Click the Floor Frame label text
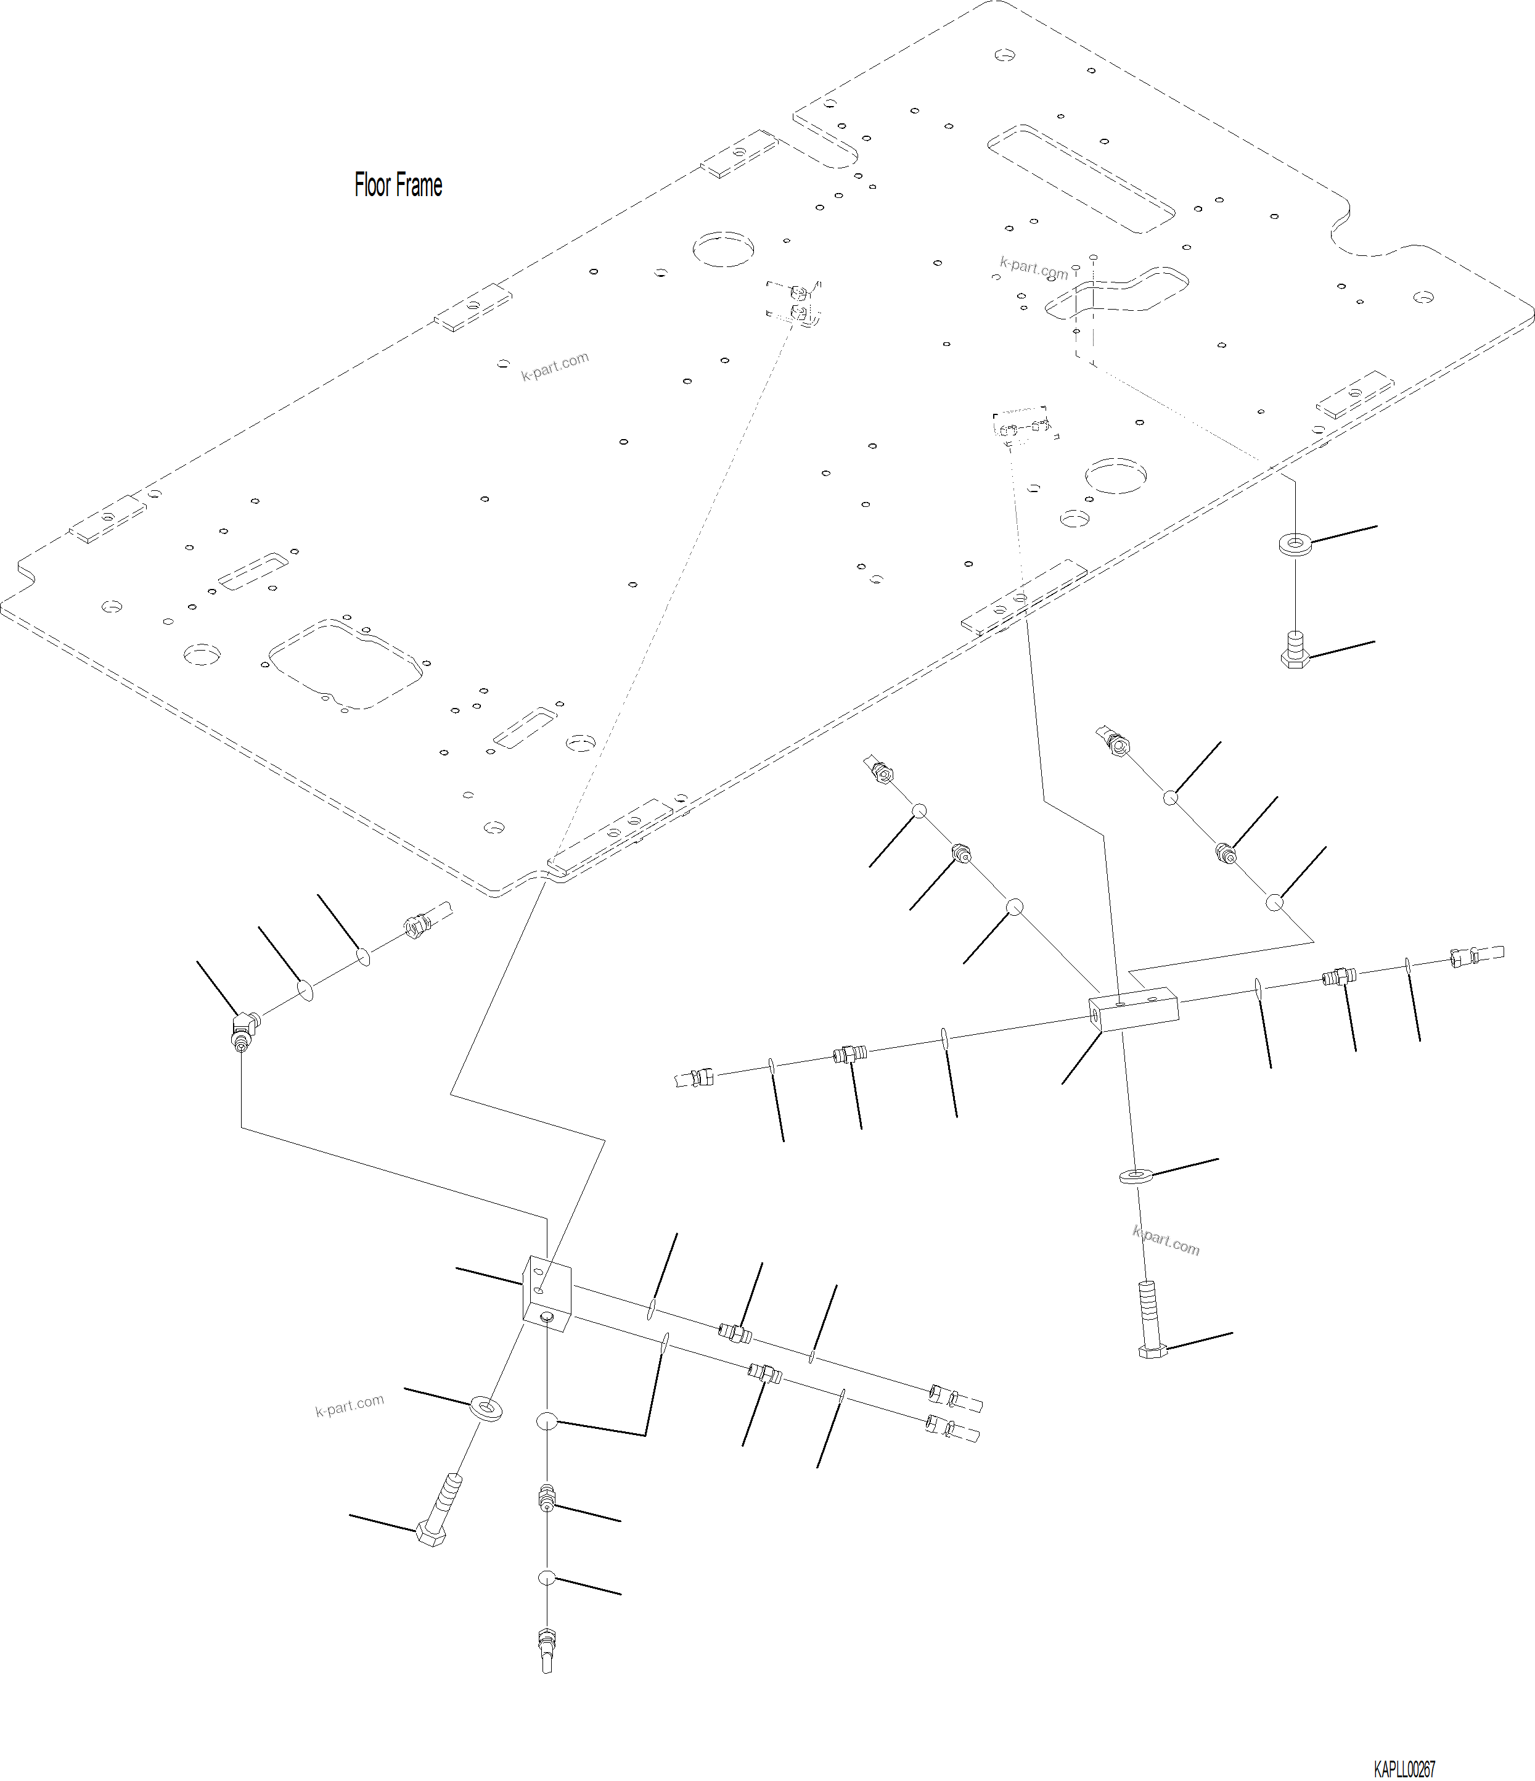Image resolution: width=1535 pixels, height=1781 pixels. coord(398,185)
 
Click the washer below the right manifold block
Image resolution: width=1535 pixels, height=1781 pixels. coord(1137,1175)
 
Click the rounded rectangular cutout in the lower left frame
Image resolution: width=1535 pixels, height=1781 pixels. coord(345,664)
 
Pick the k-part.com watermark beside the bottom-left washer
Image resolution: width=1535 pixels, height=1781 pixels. coord(350,1405)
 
